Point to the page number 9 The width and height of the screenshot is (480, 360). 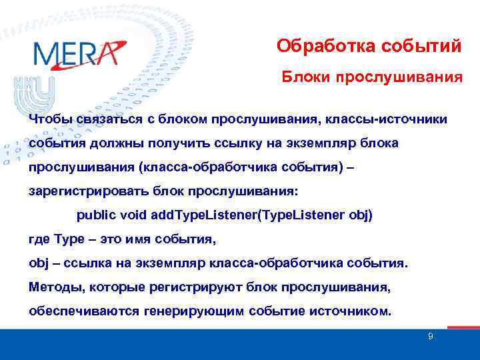click(x=430, y=337)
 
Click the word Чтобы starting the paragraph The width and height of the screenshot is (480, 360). click(x=51, y=119)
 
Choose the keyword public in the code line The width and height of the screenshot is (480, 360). click(x=96, y=215)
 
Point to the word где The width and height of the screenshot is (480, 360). click(x=39, y=239)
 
